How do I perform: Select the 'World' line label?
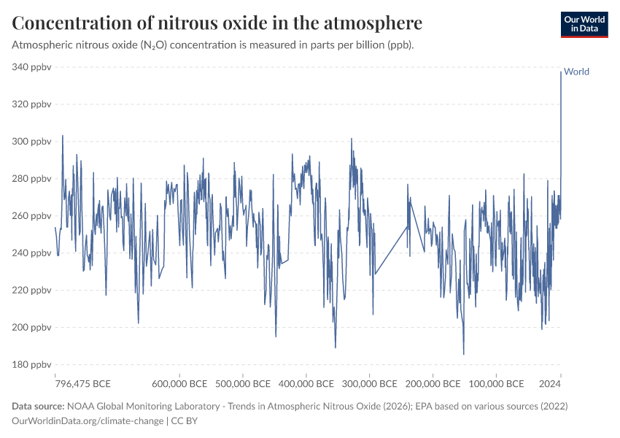pyautogui.click(x=576, y=72)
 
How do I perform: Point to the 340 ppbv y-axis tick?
pyautogui.click(x=32, y=67)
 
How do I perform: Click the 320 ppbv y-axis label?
pyautogui.click(x=32, y=104)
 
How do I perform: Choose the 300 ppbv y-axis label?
pyautogui.click(x=32, y=142)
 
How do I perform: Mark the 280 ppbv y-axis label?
pyautogui.click(x=32, y=179)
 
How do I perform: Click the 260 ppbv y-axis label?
pyautogui.click(x=32, y=216)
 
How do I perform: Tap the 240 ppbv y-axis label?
pyautogui.click(x=32, y=253)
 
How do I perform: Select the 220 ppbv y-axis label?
pyautogui.click(x=32, y=291)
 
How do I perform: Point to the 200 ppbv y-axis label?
pyautogui.click(x=32, y=328)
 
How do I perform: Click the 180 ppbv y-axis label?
pyautogui.click(x=32, y=365)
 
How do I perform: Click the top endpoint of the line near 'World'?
pyautogui.click(x=561, y=72)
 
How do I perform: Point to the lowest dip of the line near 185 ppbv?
pyautogui.click(x=464, y=354)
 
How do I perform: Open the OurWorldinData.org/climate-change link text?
pyautogui.click(x=88, y=420)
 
